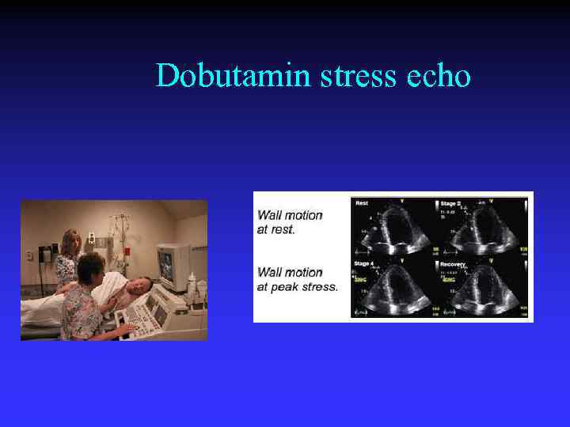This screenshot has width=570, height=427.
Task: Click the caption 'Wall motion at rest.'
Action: pos(290,221)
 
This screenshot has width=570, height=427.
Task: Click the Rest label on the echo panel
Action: pos(362,203)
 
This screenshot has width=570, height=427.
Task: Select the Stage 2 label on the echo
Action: pos(452,203)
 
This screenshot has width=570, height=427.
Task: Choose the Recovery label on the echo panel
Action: pos(454,263)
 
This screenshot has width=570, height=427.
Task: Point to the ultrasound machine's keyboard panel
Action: pos(142,316)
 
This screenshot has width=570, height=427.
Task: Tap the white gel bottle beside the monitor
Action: pos(192,282)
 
